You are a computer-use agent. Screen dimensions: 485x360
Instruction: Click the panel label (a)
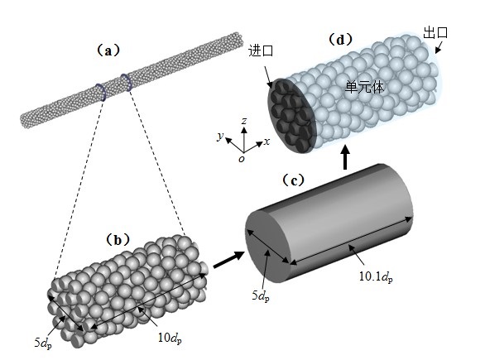click(108, 50)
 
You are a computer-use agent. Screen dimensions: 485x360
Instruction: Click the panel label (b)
click(118, 240)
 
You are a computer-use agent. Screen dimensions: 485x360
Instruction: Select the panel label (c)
click(294, 180)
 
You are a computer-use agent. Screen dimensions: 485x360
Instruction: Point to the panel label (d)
click(340, 39)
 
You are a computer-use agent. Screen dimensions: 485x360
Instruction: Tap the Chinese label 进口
click(261, 50)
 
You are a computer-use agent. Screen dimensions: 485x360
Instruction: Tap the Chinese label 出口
click(435, 32)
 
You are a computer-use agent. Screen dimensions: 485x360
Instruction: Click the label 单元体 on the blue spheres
click(365, 87)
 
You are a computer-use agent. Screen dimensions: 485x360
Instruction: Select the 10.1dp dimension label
click(376, 276)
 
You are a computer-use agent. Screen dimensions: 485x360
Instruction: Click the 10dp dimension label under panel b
click(170, 338)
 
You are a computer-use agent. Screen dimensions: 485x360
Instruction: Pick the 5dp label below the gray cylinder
click(261, 296)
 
